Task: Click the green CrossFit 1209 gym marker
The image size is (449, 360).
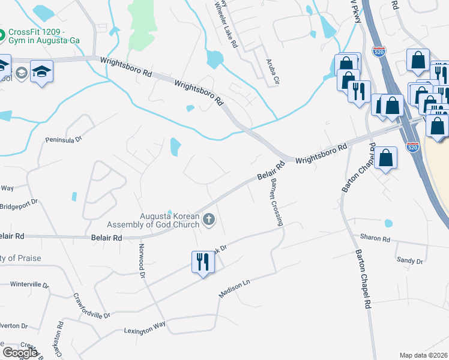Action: coord(2,35)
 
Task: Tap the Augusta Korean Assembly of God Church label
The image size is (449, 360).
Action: coord(153,220)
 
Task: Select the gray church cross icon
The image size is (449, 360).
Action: coord(209,220)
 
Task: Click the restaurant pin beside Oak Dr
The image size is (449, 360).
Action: coord(202,262)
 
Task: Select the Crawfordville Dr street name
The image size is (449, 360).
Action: coord(92,305)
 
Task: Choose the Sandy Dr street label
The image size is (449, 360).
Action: coord(410,260)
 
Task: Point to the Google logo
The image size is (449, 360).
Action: coord(20,353)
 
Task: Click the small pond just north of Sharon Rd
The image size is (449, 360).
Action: coord(388,223)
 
